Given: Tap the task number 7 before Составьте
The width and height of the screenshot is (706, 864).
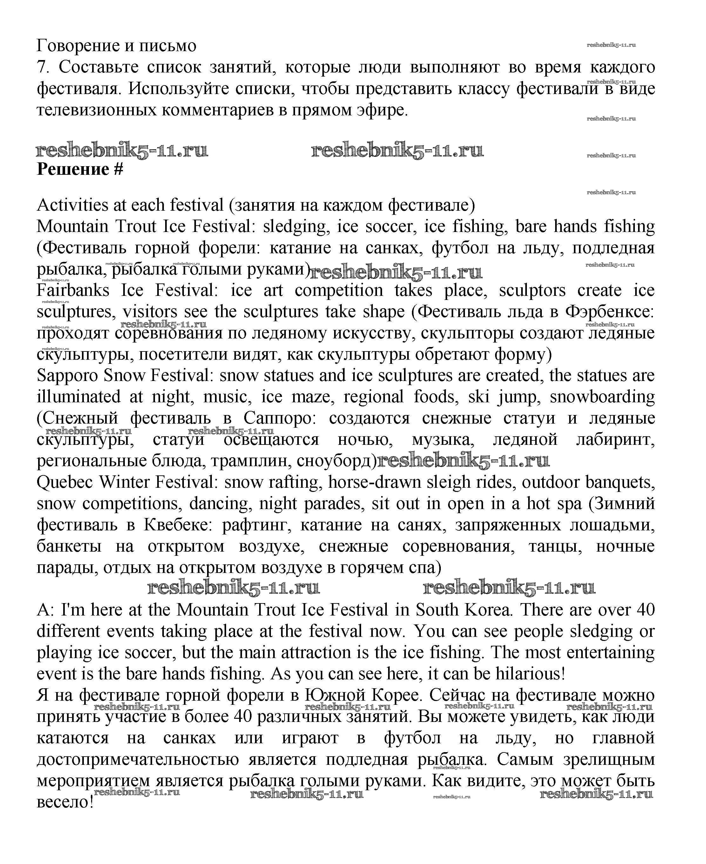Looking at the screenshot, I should click(x=42, y=67).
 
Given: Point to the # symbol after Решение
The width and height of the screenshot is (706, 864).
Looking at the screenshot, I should click(x=118, y=169).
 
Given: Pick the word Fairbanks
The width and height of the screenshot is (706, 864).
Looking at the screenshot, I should click(x=73, y=290).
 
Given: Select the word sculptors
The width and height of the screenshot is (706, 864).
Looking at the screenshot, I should click(x=532, y=290).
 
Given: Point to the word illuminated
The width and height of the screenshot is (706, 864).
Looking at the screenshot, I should click(x=78, y=397).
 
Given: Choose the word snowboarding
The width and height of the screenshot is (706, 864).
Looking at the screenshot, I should click(x=602, y=397).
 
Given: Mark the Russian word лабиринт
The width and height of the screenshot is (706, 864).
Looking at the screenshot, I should click(x=615, y=439).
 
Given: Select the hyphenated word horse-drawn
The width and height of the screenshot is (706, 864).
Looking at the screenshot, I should click(x=374, y=483).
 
